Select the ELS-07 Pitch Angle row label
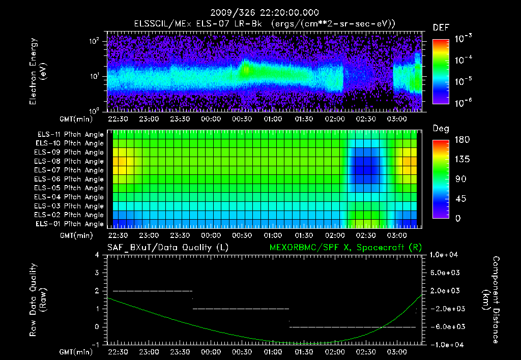[x=69, y=170]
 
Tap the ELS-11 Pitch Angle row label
[x=69, y=134]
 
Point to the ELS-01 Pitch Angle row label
[x=69, y=224]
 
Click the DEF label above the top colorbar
[x=441, y=27]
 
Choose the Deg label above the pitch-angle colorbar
[x=441, y=129]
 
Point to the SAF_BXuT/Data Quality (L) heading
[x=167, y=248]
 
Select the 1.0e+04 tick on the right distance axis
[x=447, y=255]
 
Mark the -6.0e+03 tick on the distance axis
[x=447, y=326]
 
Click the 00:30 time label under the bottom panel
[x=242, y=352]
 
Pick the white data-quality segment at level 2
[x=153, y=291]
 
